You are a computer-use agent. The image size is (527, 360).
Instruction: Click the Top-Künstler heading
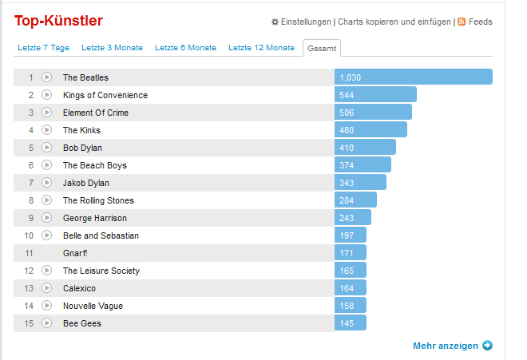[x=58, y=21]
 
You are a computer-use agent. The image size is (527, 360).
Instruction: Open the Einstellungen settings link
[x=306, y=22]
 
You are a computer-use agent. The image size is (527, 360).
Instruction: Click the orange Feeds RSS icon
[x=461, y=22]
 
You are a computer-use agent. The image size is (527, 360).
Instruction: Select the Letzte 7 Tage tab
[x=43, y=48]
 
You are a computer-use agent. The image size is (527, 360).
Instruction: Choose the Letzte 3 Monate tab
[x=112, y=48]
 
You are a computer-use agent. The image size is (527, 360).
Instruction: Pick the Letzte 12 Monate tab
[x=261, y=48]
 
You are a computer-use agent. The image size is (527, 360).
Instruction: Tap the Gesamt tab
[x=321, y=49]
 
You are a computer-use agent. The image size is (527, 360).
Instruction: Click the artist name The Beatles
[x=85, y=77]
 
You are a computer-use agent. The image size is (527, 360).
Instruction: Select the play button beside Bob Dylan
[x=46, y=148]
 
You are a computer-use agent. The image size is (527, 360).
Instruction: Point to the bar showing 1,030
[x=413, y=77]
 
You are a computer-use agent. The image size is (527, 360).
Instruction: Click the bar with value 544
[x=375, y=95]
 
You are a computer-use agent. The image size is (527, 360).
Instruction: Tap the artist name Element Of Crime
[x=96, y=113]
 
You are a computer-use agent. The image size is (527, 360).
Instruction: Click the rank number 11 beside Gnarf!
[x=29, y=253]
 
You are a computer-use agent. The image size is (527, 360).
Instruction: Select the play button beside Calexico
[x=46, y=288]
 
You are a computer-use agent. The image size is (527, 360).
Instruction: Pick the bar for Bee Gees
[x=351, y=323]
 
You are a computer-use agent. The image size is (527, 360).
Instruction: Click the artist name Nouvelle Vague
[x=93, y=306]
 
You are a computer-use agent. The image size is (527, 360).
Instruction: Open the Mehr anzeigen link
[x=446, y=346]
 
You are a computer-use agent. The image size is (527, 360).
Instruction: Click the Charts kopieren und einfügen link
[x=394, y=22]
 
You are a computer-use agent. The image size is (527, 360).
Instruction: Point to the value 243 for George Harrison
[x=347, y=218]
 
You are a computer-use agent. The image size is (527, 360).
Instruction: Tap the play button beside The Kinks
[x=46, y=130]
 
